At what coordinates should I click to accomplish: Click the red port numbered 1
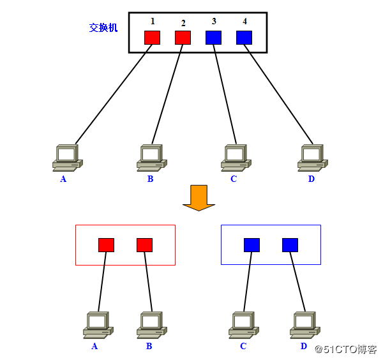[x=152, y=38]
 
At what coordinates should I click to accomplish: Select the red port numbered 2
[x=183, y=38]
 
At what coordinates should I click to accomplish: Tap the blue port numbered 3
[x=213, y=38]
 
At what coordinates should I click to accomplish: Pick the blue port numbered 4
[x=244, y=38]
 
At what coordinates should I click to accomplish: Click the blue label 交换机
[x=103, y=28]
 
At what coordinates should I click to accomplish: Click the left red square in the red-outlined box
[x=106, y=244]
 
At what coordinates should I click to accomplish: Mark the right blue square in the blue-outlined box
[x=290, y=244]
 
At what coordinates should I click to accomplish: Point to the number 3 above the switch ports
[x=214, y=22]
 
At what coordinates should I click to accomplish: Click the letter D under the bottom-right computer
[x=303, y=347]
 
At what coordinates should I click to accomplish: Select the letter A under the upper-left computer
[x=63, y=179]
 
